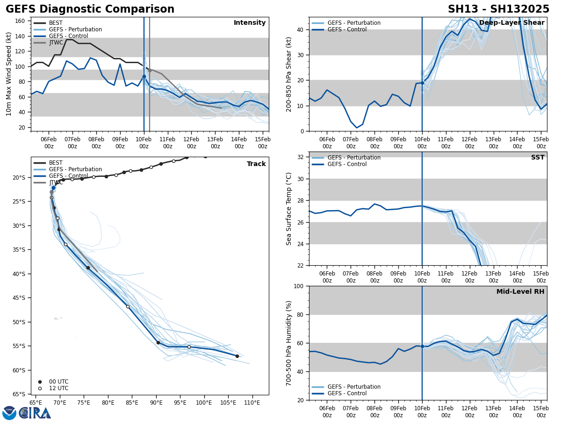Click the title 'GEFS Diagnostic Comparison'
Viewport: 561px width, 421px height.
click(x=90, y=9)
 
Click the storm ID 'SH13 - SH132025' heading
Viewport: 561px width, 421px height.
click(x=498, y=9)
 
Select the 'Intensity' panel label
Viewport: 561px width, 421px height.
click(x=250, y=23)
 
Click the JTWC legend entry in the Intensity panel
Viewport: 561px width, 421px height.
click(x=56, y=43)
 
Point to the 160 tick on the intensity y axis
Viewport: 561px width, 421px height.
click(x=21, y=21)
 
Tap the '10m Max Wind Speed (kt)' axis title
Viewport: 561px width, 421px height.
click(x=9, y=74)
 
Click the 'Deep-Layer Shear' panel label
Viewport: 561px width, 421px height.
click(x=511, y=23)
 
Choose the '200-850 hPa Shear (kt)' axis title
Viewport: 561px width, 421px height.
click(x=288, y=74)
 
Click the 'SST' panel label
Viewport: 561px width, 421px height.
click(x=538, y=158)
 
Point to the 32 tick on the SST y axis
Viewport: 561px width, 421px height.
click(x=302, y=157)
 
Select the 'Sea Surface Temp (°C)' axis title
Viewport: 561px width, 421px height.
click(x=288, y=209)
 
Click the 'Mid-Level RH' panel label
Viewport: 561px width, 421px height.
click(x=520, y=292)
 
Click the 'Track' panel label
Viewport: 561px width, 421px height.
click(x=256, y=164)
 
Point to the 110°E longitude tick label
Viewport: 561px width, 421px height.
click(x=252, y=402)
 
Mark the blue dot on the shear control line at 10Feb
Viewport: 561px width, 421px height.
click(x=422, y=83)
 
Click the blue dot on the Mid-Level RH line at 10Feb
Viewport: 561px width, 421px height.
click(x=422, y=346)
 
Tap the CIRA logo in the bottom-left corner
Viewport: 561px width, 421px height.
click(x=27, y=413)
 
